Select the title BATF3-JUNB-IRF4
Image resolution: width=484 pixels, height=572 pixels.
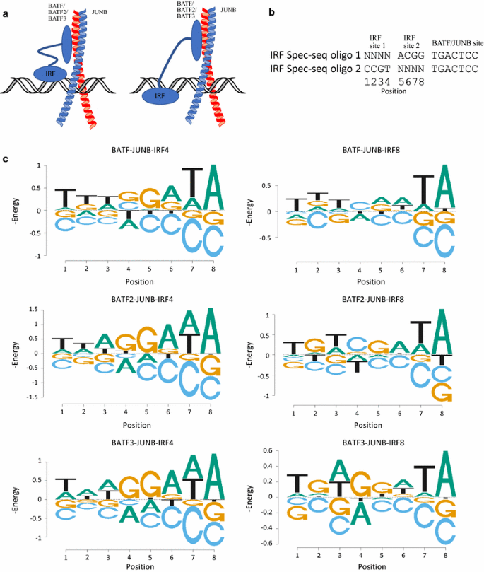(141, 443)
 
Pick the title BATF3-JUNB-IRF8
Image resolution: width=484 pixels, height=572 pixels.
(372, 443)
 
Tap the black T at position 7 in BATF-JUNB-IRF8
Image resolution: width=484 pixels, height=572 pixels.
(423, 190)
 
